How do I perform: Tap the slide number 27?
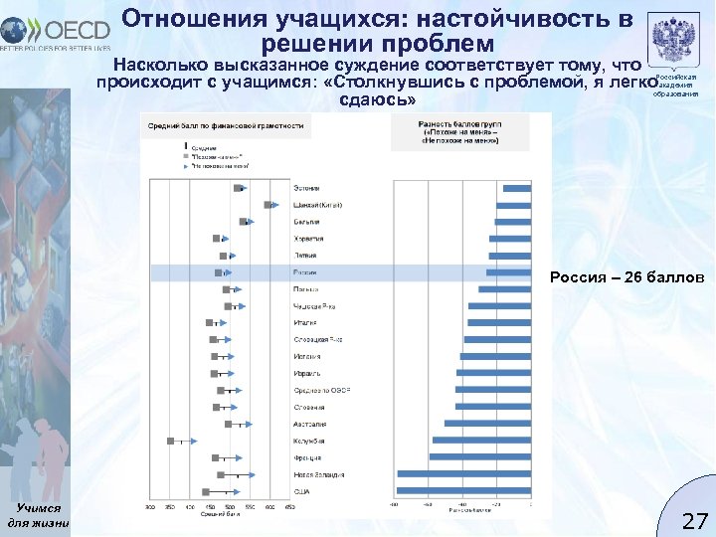pyautogui.click(x=693, y=520)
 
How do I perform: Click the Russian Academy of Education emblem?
pyautogui.click(x=675, y=45)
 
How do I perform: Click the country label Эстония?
pyautogui.click(x=306, y=188)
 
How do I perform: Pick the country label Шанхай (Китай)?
pyautogui.click(x=317, y=205)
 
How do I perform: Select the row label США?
pyautogui.click(x=302, y=491)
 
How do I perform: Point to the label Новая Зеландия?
pyautogui.click(x=318, y=474)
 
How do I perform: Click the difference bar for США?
pyautogui.click(x=463, y=491)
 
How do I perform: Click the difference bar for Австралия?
pyautogui.click(x=487, y=424)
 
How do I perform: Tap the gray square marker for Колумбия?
pyautogui.click(x=171, y=441)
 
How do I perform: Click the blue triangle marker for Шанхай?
pyautogui.click(x=277, y=205)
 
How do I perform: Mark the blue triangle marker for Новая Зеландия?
pyautogui.click(x=253, y=474)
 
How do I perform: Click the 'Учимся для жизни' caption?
pyautogui.click(x=37, y=514)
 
